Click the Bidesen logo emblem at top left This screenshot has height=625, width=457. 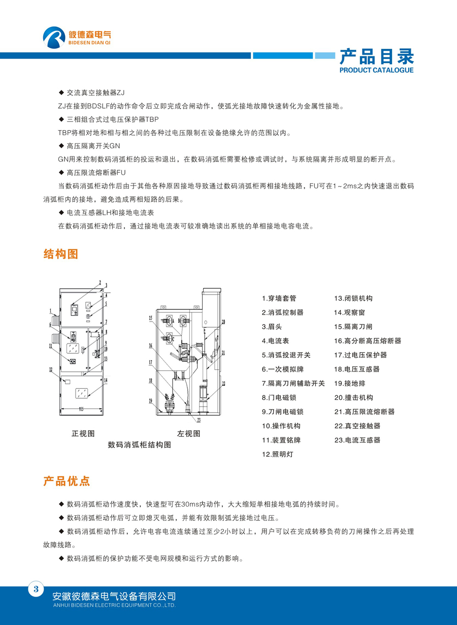(x=55, y=37)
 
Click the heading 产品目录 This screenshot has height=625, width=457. (x=376, y=56)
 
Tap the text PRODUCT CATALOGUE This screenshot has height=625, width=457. (x=376, y=70)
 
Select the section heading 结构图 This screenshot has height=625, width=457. (x=61, y=254)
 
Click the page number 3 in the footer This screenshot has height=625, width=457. (x=36, y=589)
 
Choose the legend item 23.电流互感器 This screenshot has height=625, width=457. (x=357, y=440)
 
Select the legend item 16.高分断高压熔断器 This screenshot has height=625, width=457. (x=367, y=341)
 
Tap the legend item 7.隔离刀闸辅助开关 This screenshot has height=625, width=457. (x=293, y=383)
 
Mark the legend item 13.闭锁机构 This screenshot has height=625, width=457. (x=353, y=298)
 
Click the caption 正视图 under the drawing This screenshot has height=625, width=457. (x=83, y=433)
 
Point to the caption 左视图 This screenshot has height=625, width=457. (x=188, y=433)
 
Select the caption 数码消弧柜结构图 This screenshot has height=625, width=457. (x=139, y=445)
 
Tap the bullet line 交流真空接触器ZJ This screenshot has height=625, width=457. (x=95, y=93)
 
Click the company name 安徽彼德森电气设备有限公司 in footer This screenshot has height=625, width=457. (x=114, y=596)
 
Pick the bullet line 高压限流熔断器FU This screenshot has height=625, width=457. (x=96, y=173)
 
